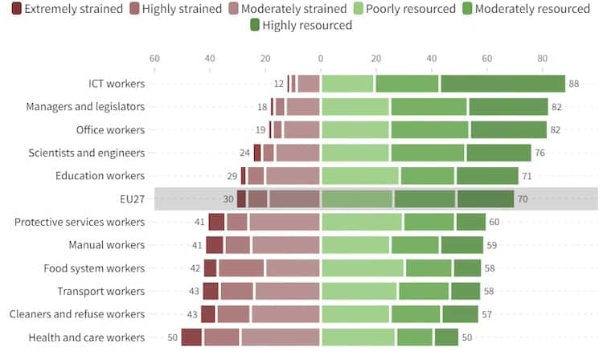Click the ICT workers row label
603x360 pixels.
117,84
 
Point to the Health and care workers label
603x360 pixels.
86,337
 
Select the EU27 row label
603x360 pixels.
131,198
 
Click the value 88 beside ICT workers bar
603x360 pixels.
573,84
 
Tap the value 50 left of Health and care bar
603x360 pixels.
172,337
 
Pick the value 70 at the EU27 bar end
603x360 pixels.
523,198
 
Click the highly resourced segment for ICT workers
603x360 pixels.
503,84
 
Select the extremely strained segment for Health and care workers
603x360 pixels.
191,337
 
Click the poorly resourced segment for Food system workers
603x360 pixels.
363,268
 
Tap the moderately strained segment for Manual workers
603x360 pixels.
285,245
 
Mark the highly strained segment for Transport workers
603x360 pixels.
237,291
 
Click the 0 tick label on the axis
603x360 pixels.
321,59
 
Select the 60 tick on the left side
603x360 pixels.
154,59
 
